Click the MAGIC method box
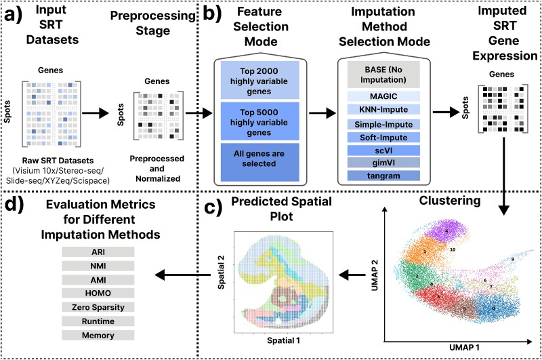coord(383,96)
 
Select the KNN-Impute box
coord(383,110)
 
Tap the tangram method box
coord(383,176)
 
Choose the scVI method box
coord(383,151)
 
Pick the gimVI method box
coord(383,163)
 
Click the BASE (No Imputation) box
coord(383,75)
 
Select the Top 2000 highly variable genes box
coord(260,81)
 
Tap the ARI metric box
coord(98,252)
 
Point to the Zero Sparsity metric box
coord(98,307)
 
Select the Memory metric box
coord(98,335)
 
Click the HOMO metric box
coord(98,294)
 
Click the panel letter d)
coord(14,204)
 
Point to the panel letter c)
coord(213,209)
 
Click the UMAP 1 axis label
coord(464,347)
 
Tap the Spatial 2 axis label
coord(221,272)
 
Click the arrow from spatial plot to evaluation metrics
coord(182,275)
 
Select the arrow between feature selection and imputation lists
coord(322,113)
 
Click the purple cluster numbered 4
coord(446,232)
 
